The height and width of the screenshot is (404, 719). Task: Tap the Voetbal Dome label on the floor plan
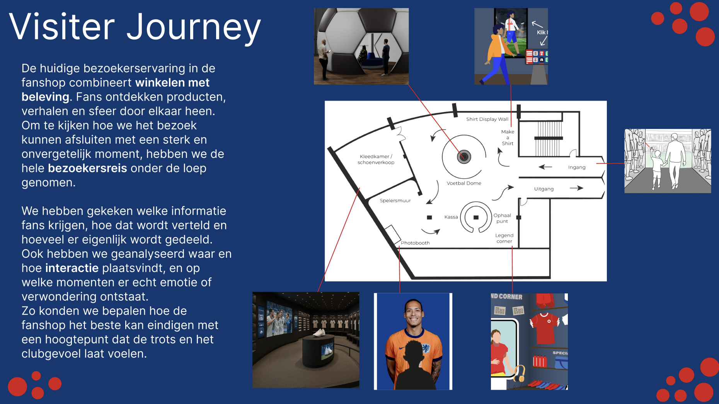tap(464, 183)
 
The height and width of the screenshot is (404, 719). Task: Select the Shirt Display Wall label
tap(487, 119)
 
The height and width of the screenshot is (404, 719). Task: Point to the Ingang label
tap(577, 168)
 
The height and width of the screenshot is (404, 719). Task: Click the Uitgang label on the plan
tap(544, 189)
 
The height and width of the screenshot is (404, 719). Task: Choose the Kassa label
tap(451, 217)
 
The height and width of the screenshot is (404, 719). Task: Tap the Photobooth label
tap(415, 243)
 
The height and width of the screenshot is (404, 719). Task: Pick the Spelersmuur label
tap(395, 200)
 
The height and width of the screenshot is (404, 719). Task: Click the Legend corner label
tap(504, 238)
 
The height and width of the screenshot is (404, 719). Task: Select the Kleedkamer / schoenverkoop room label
tap(376, 159)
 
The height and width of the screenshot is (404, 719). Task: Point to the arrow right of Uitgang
tap(576, 188)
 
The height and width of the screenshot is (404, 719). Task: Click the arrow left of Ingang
tap(545, 167)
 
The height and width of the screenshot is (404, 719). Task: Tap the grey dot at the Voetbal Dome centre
tap(464, 157)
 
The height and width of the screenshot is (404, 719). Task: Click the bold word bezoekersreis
tap(87, 168)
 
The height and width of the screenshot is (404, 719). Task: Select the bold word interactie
tap(72, 268)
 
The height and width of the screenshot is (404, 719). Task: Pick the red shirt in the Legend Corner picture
tap(545, 328)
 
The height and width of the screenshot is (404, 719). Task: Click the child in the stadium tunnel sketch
tap(656, 169)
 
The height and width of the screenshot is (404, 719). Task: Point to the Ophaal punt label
tap(502, 218)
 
